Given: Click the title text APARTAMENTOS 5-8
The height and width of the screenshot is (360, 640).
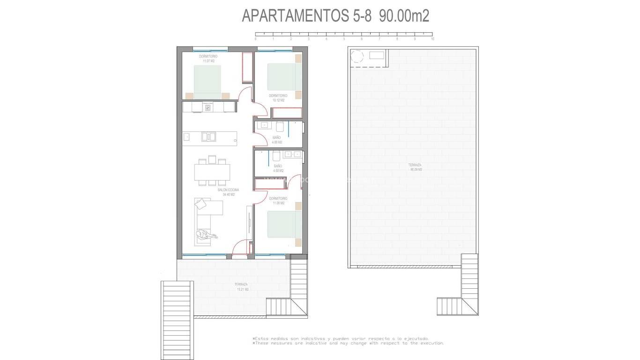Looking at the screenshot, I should tap(306, 16).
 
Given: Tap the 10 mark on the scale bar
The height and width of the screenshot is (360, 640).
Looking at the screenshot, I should tap(432, 39).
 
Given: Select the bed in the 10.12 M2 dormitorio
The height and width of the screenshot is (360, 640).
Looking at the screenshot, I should tap(284, 76).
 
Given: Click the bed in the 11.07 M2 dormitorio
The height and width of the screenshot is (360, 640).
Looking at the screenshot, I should tap(208, 82).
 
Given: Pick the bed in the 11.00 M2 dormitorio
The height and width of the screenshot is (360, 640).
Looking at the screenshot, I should tap(284, 224).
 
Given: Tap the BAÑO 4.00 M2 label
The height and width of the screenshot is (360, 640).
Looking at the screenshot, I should tap(277, 140).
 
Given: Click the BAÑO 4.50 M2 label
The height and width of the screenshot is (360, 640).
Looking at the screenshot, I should tap(278, 168).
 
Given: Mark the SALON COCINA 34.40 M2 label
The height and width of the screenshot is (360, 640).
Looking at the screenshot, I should tap(229, 192).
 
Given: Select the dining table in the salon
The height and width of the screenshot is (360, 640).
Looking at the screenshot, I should tap(212, 172).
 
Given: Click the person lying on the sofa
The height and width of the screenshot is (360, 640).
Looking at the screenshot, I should tap(206, 235).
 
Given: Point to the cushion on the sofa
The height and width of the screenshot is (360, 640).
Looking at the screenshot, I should tap(201, 204).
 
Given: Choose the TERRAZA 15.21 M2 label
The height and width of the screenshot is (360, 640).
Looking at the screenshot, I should tap(242, 287).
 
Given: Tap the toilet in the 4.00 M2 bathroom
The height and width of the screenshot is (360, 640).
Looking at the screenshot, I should tap(280, 127).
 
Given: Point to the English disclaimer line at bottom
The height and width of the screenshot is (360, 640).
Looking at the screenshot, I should tap(348, 343).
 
